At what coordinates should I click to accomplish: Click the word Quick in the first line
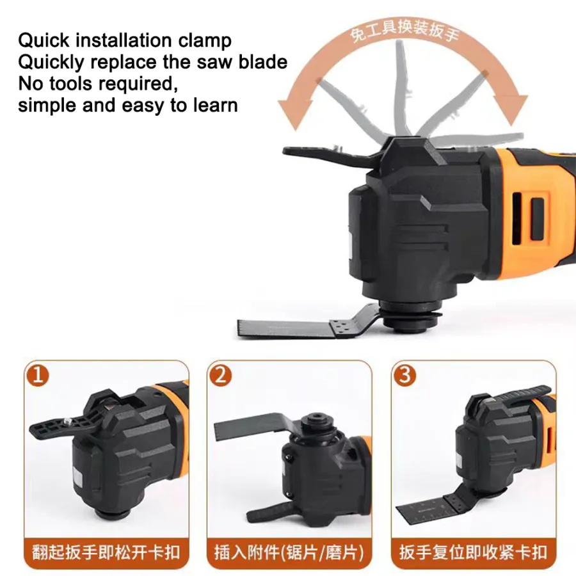[44, 40]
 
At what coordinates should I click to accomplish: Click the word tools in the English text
[70, 83]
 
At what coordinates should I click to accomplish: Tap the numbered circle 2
[221, 376]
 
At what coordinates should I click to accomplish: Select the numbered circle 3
[405, 376]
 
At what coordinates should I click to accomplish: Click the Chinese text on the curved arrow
[404, 32]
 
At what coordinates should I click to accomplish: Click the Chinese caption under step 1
[106, 553]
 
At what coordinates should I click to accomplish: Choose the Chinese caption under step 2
[289, 553]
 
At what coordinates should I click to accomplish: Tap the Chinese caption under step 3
[474, 553]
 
